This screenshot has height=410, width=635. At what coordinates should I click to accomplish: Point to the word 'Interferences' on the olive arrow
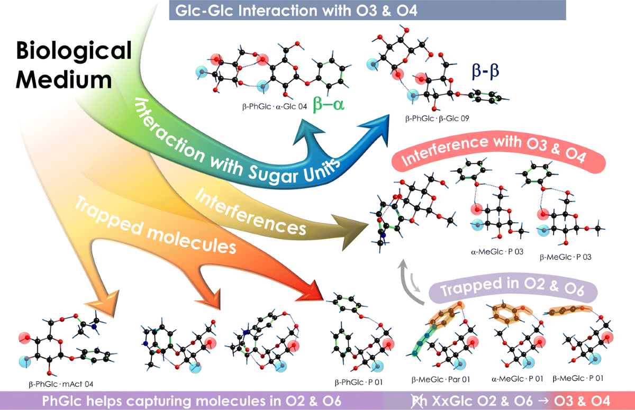[x=251, y=211]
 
